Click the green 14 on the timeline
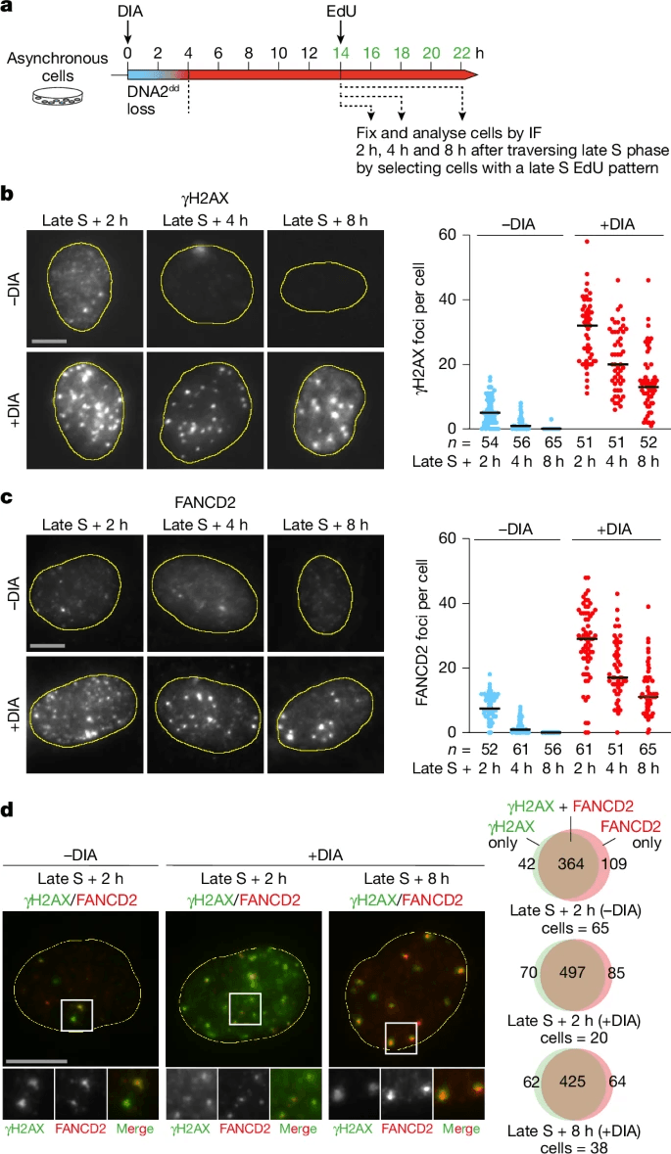[x=340, y=51]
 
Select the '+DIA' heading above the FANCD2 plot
[x=615, y=529]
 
